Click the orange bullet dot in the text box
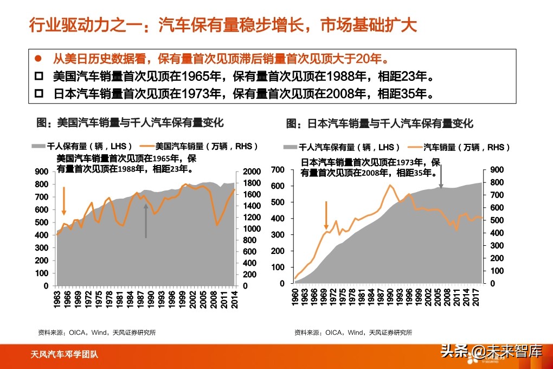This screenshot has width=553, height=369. [x=38, y=59]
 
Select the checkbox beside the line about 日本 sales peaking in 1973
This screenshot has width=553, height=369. [x=38, y=93]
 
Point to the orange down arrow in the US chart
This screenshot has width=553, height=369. [x=64, y=201]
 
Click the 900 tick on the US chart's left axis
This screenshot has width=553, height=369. [x=42, y=171]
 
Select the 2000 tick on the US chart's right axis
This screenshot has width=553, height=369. [x=253, y=171]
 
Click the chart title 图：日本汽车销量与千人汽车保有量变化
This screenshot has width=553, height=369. [x=380, y=124]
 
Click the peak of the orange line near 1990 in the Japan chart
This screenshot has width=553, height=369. [x=390, y=185]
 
